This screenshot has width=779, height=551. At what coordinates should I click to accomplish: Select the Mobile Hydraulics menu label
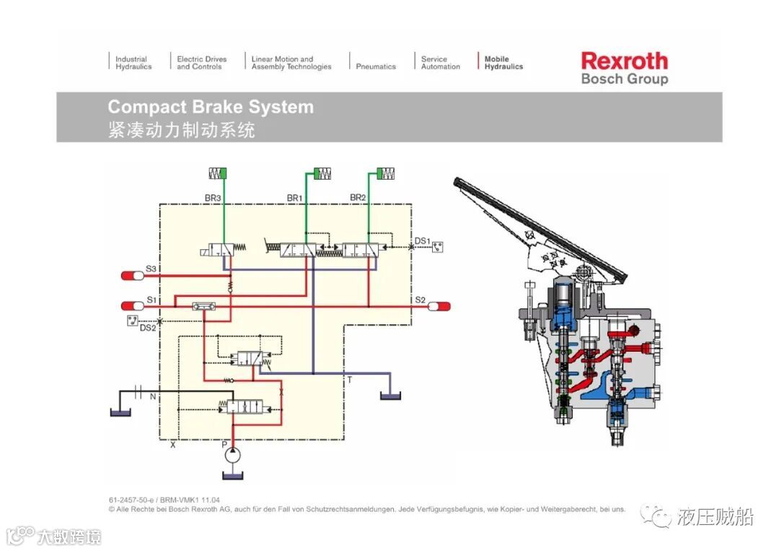(x=503, y=63)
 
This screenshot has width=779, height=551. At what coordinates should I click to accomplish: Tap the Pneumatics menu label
(x=376, y=66)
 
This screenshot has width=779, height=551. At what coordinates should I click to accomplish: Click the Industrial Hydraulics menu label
(x=133, y=63)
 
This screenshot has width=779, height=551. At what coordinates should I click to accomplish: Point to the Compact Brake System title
(x=211, y=107)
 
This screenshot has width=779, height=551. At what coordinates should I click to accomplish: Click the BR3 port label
(x=213, y=197)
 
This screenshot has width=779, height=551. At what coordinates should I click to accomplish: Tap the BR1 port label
(x=295, y=197)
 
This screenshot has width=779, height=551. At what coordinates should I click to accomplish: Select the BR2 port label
(x=358, y=197)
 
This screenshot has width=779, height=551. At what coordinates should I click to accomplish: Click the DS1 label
(x=422, y=240)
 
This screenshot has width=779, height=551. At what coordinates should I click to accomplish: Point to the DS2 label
(x=147, y=329)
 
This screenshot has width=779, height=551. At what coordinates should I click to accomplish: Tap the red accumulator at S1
(x=132, y=305)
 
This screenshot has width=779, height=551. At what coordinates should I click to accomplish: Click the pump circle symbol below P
(x=232, y=456)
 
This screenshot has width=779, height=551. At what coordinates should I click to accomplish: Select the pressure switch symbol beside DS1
(x=437, y=247)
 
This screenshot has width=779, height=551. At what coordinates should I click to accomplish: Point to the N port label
(x=152, y=396)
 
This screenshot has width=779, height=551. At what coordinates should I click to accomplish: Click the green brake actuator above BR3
(x=218, y=173)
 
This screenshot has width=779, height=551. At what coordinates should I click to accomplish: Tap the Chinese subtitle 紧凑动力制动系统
(x=181, y=130)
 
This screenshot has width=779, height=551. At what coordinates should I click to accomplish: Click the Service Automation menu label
(x=440, y=63)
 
